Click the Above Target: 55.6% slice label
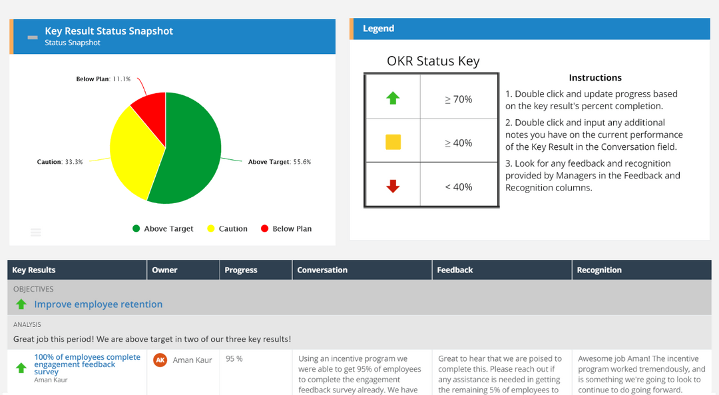point(279,162)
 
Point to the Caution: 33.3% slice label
point(60,162)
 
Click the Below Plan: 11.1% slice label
point(103,79)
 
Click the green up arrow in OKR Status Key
point(393,99)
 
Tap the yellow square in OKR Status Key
point(393,142)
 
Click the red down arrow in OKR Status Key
point(393,187)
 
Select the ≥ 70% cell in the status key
point(458,99)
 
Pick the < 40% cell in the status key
point(458,187)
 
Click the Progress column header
point(241,270)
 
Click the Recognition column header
point(599,270)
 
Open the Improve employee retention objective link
point(99,304)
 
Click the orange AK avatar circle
point(160,360)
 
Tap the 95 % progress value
point(234,359)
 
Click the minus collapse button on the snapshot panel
point(33,37)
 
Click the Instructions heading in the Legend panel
point(595,78)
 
